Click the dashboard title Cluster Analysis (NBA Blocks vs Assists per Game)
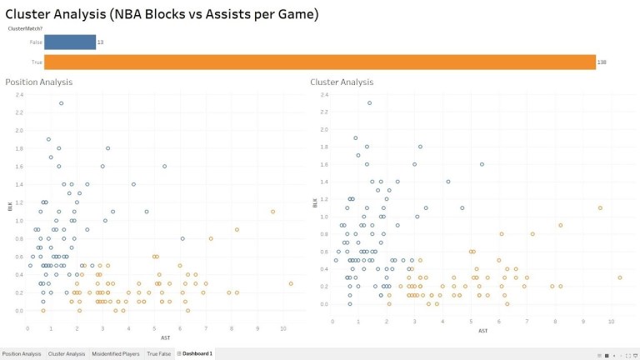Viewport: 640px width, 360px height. tap(162, 14)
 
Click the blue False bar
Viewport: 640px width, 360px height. tap(70, 42)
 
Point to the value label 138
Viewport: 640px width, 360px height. tap(602, 62)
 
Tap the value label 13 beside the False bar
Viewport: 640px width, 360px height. tap(101, 42)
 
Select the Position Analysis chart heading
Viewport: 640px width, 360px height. tap(38, 82)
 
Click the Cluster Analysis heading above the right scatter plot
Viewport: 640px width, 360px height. tap(342, 82)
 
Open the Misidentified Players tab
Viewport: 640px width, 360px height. tap(115, 354)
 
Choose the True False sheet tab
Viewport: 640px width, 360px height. tap(158, 354)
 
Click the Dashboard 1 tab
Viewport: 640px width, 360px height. tap(196, 354)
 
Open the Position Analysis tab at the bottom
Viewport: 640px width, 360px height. tap(21, 354)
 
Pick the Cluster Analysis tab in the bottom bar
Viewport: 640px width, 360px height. tap(67, 354)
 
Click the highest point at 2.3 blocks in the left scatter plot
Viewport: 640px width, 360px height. tap(61, 103)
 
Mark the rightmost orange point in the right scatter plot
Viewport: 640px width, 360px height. tap(620, 277)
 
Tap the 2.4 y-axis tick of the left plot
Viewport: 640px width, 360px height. tap(20, 95)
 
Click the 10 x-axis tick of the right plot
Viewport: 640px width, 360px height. tap(611, 321)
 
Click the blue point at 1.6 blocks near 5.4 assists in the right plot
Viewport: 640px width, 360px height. tap(482, 164)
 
